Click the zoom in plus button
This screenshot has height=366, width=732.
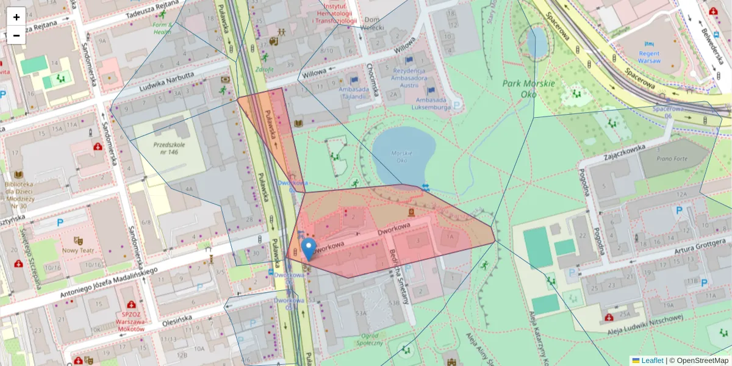pos(16,16)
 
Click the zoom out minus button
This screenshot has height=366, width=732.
pos(16,35)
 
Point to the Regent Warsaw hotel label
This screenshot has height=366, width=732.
pos(653,57)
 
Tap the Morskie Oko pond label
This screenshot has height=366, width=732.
pos(401,157)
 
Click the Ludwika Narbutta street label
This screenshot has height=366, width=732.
pos(166,79)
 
